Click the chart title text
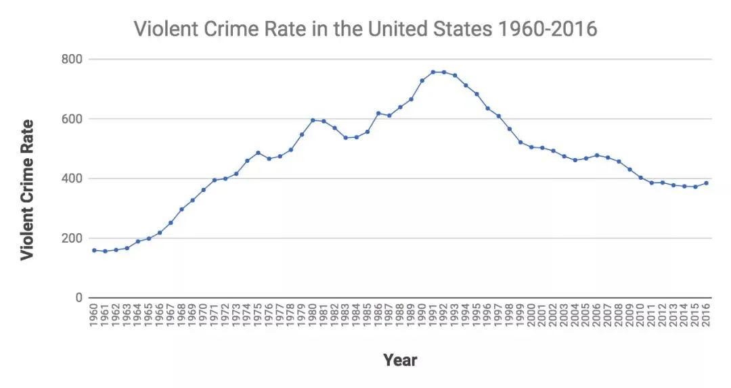tap(365, 29)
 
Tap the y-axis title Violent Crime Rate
tap(27, 190)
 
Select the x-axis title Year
tap(400, 360)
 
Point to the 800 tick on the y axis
tap(72, 59)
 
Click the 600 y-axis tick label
tap(72, 119)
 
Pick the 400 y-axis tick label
tap(72, 178)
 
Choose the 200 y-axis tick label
tap(72, 239)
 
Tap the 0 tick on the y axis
tap(78, 298)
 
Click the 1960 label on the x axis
tap(94, 314)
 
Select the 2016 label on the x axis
tap(706, 314)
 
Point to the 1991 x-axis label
tap(433, 314)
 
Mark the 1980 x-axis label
tap(313, 314)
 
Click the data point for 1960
tap(94, 250)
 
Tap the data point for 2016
tap(706, 183)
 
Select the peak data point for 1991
tap(433, 72)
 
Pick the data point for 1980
tap(313, 120)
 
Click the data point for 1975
tap(258, 153)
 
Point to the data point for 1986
tap(378, 113)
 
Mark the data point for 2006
tap(596, 155)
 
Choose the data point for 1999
tap(520, 142)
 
